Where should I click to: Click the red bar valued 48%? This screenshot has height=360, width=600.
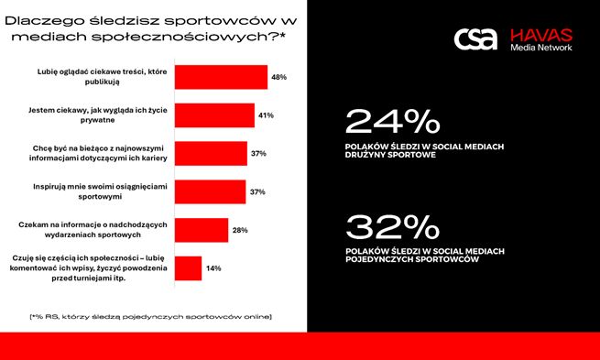pyautogui.click(x=221, y=77)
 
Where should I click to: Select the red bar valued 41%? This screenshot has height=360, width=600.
pyautogui.click(x=214, y=115)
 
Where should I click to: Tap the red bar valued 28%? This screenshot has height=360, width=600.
pyautogui.click(x=202, y=230)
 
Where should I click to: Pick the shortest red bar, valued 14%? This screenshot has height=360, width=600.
pyautogui.click(x=188, y=267)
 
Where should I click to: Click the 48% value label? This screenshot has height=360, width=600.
pyautogui.click(x=278, y=78)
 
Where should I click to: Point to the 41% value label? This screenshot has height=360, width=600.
pyautogui.click(x=266, y=115)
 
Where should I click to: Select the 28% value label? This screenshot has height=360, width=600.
pyautogui.click(x=239, y=230)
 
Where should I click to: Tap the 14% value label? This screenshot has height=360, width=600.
pyautogui.click(x=213, y=268)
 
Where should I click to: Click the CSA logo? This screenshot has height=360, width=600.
pyautogui.click(x=475, y=38)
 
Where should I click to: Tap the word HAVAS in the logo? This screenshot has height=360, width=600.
pyautogui.click(x=541, y=32)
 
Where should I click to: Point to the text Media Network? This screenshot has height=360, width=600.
pyautogui.click(x=541, y=47)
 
